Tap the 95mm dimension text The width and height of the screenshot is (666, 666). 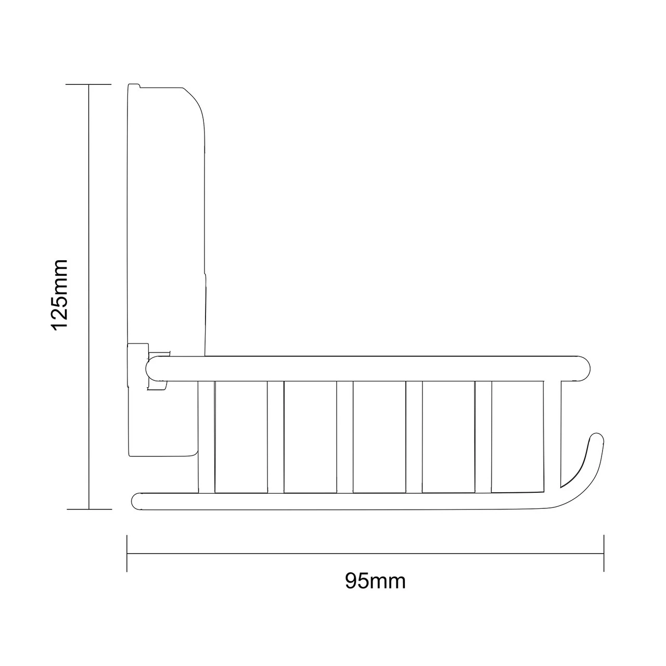[375, 581]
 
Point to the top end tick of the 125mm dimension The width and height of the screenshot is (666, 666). [89, 84]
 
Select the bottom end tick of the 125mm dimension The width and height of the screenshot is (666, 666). [89, 509]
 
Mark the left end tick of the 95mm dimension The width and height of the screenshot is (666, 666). [127, 553]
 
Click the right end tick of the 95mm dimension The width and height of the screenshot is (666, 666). [604, 553]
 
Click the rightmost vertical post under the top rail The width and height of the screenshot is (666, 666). [552, 432]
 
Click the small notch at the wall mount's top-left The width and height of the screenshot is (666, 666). [134, 85]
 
